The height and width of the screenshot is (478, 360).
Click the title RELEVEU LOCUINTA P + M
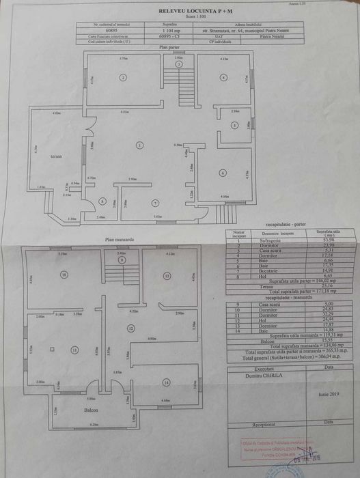coord(180,12)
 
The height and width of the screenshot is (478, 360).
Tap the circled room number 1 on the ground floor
coord(139,145)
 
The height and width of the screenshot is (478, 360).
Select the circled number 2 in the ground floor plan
coord(122,79)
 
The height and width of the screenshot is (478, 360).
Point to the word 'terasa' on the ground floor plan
coord(56,156)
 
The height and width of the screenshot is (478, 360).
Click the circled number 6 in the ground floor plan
coord(223,173)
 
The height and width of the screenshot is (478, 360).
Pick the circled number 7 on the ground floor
coord(156,202)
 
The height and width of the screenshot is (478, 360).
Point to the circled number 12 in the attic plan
coord(131,328)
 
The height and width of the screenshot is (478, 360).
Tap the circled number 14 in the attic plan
coord(167,382)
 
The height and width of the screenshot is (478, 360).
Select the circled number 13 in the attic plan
coord(166,275)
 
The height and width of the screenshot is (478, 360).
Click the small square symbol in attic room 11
coord(52,350)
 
